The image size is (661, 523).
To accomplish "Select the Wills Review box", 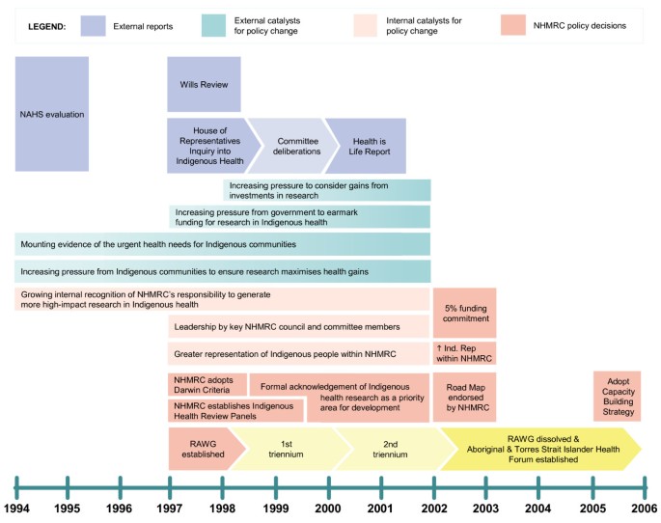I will (204, 84).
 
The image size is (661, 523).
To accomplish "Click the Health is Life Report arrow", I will (367, 145).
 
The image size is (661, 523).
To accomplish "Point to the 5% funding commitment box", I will (464, 313).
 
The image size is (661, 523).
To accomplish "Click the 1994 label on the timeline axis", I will (16, 508).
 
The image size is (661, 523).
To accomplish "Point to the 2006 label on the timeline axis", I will (644, 508).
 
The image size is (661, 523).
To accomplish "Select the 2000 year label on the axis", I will (329, 508).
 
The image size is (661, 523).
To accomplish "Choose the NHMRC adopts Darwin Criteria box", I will (207, 384).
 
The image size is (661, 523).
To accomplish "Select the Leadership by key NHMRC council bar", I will (298, 326).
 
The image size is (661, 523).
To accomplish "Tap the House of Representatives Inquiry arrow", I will (209, 145).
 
